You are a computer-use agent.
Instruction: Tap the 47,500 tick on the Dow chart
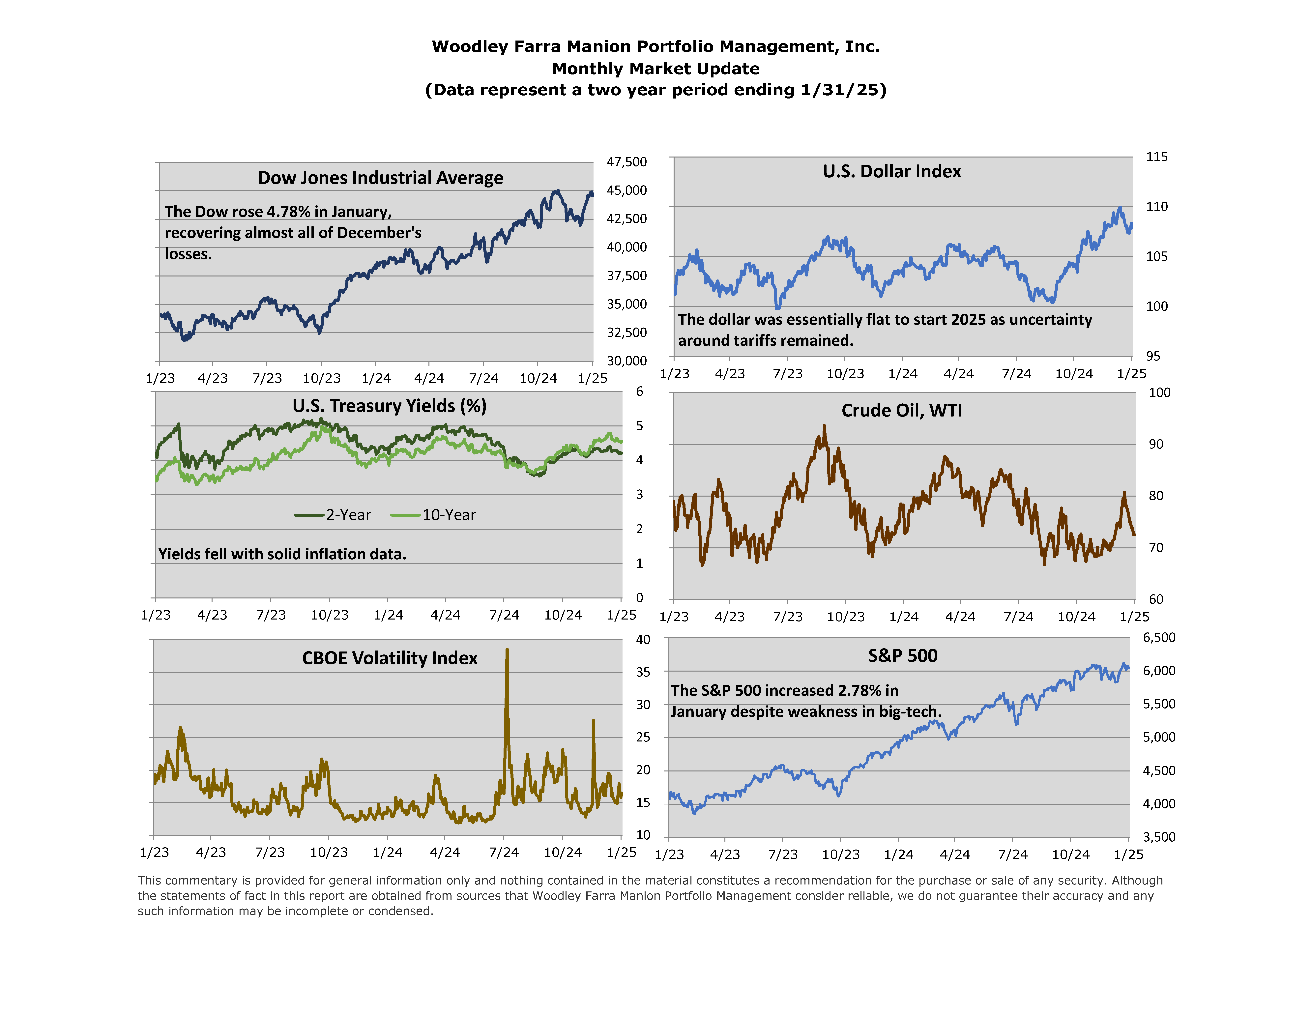coord(627,162)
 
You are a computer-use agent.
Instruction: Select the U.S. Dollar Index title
coord(891,172)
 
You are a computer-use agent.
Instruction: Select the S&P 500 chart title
coord(902,656)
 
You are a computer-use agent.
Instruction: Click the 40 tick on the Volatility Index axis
coord(643,640)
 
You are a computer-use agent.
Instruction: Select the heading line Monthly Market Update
coord(655,69)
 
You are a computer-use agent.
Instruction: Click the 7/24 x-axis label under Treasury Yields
coord(504,615)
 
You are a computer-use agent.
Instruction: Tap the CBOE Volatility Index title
coord(390,658)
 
